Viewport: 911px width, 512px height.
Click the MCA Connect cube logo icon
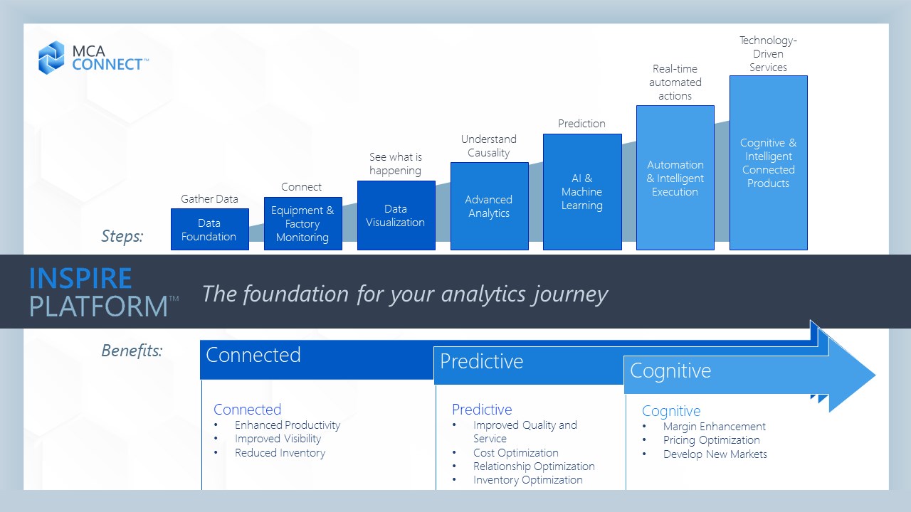click(51, 58)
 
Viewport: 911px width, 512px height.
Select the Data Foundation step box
click(210, 229)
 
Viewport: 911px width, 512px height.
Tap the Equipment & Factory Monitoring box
click(303, 223)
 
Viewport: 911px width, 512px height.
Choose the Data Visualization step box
click(396, 215)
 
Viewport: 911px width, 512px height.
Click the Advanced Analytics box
click(489, 206)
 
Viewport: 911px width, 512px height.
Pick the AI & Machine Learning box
click(582, 192)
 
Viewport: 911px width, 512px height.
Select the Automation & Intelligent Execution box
click(675, 178)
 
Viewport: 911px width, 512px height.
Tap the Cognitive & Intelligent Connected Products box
click(768, 163)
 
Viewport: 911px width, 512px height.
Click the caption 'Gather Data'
click(209, 199)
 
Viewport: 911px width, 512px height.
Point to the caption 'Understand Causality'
click(489, 146)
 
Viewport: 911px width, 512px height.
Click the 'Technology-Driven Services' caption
click(768, 53)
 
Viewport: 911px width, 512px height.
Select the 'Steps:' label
click(122, 236)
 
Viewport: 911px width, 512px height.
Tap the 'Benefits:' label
click(132, 351)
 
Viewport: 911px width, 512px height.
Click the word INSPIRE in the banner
click(80, 278)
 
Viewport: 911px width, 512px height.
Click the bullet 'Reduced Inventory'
click(280, 453)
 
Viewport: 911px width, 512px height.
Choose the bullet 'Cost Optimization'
click(516, 453)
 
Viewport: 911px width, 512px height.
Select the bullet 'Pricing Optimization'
click(711, 440)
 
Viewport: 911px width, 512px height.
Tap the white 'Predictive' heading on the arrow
click(482, 361)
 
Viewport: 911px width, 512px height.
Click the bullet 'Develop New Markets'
click(715, 454)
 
